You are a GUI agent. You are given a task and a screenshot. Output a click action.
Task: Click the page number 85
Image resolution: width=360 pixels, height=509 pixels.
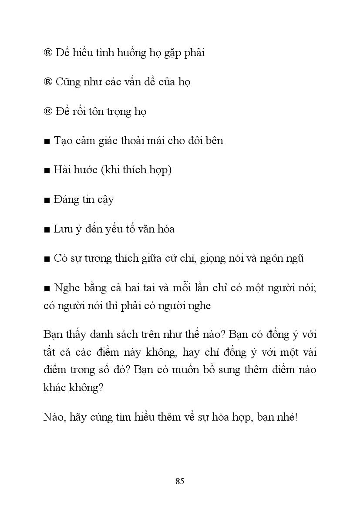pos(180,481)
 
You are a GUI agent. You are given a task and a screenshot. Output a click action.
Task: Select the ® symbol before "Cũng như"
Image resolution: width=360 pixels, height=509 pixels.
pos(48,82)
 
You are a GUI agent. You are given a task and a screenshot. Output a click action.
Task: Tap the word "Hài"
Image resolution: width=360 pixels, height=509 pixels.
pos(61,170)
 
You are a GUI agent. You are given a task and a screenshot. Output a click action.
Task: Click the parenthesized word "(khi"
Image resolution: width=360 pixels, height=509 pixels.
pos(110,170)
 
